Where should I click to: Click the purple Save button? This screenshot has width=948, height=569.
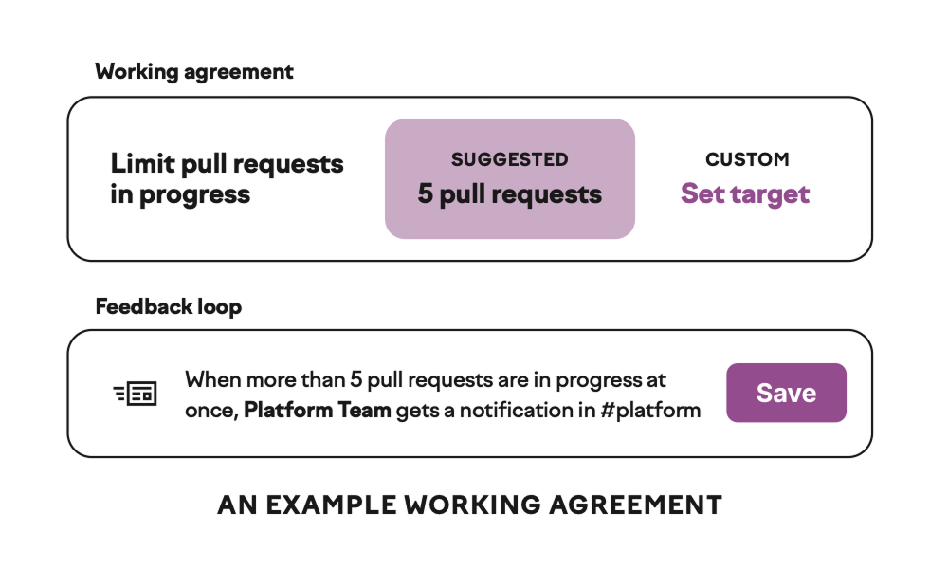pos(786,393)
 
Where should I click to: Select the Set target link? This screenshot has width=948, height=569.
pos(745,194)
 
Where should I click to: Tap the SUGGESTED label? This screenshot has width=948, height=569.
pos(510,159)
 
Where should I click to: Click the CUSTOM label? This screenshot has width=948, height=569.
pos(747,159)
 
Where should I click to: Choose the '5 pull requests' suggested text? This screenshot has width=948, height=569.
pos(510,194)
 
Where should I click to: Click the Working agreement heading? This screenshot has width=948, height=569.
pos(194,72)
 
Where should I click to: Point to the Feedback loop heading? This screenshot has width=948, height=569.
pos(169,306)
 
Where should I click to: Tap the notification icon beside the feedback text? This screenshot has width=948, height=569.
pos(136,394)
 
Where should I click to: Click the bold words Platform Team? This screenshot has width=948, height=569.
pos(318,410)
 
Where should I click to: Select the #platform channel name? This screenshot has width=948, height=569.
pos(650,411)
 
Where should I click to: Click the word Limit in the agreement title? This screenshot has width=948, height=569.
pos(143,164)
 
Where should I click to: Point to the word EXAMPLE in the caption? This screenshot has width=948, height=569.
pos(331,505)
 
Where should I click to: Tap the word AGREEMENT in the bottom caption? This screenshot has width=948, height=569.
pos(635,505)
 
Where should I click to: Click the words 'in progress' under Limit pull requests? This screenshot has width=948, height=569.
pos(180,195)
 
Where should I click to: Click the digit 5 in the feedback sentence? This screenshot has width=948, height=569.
pos(356,379)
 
